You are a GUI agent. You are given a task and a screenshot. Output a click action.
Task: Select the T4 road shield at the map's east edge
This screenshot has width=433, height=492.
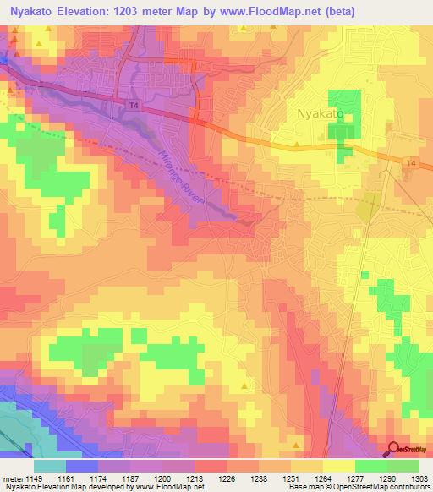(x=411, y=162)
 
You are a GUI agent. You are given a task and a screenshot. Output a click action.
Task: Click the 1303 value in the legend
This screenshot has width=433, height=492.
(x=418, y=478)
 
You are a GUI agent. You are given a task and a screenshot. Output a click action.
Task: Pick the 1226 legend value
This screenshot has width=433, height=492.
(x=226, y=478)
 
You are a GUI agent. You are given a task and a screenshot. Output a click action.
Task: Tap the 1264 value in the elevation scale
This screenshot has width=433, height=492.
(x=322, y=478)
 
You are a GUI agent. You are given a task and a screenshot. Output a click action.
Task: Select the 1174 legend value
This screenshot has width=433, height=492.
(x=99, y=478)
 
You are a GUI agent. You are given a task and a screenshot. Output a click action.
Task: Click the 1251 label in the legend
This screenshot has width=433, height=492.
(x=290, y=478)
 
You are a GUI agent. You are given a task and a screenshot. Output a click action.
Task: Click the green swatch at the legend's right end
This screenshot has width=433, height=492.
(x=403, y=465)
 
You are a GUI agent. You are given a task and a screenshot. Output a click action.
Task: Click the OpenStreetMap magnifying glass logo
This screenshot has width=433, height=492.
(x=395, y=449)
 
